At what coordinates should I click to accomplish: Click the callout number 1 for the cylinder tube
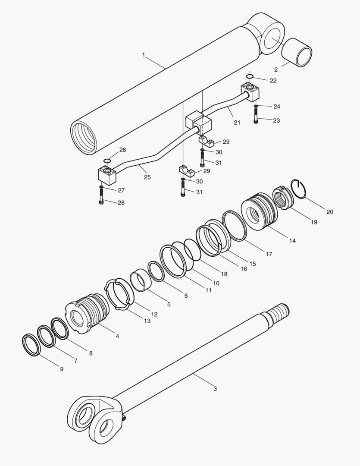[x=144, y=55]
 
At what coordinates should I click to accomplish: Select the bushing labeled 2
[x=297, y=52]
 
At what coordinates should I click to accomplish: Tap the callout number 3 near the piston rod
[x=215, y=388]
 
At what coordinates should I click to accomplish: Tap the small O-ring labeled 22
[x=250, y=77]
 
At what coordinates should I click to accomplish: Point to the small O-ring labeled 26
[x=107, y=161]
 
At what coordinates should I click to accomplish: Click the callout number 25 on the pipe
[x=147, y=177]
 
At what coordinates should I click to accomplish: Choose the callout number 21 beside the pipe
[x=237, y=123]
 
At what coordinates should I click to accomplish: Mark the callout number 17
[x=269, y=254]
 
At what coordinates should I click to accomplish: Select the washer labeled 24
[x=256, y=106]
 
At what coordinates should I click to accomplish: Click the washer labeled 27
[x=101, y=187]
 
